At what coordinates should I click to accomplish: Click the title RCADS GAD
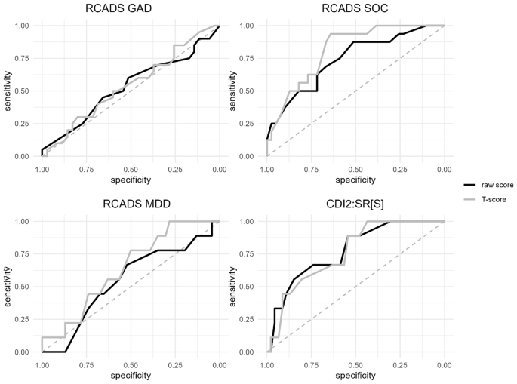(130, 9)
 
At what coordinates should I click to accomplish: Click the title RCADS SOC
(355, 9)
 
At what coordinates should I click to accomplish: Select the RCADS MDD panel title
(130, 204)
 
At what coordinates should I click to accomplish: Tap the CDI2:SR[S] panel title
(355, 204)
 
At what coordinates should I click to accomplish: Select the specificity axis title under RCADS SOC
(355, 180)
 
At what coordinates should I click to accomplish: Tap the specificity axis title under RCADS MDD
(130, 376)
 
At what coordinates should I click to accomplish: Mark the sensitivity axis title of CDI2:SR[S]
(231, 287)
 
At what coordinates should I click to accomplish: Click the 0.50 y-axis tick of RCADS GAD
(23, 91)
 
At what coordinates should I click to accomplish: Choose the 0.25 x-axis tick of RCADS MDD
(175, 365)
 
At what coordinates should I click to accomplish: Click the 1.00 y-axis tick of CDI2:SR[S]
(248, 222)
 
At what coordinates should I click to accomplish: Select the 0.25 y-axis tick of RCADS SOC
(248, 124)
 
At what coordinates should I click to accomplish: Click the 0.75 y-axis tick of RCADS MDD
(23, 254)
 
